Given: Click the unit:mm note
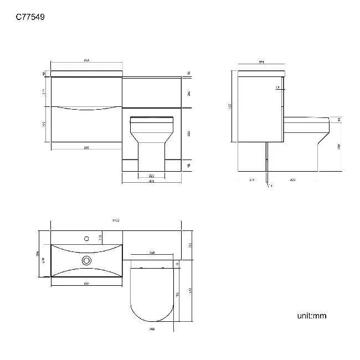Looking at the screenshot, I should coord(312,316).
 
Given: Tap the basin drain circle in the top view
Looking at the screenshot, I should coord(86,260).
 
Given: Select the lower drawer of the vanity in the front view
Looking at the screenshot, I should coord(86,125).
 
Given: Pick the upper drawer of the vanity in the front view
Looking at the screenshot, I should coord(86,91).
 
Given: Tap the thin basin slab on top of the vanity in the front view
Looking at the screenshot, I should coord(86,73).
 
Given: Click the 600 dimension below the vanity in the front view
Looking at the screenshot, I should coord(86,147).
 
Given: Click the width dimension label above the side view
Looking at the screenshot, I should coord(261,62).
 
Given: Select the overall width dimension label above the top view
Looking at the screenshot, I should coord(116,220).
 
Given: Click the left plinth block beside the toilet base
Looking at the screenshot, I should coord(131,165).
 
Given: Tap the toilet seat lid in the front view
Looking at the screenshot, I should coord(152,117).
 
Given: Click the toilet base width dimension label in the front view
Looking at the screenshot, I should coord(152,176).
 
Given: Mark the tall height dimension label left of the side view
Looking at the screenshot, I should coord(229,106).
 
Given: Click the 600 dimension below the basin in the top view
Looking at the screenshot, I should coord(86,284).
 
